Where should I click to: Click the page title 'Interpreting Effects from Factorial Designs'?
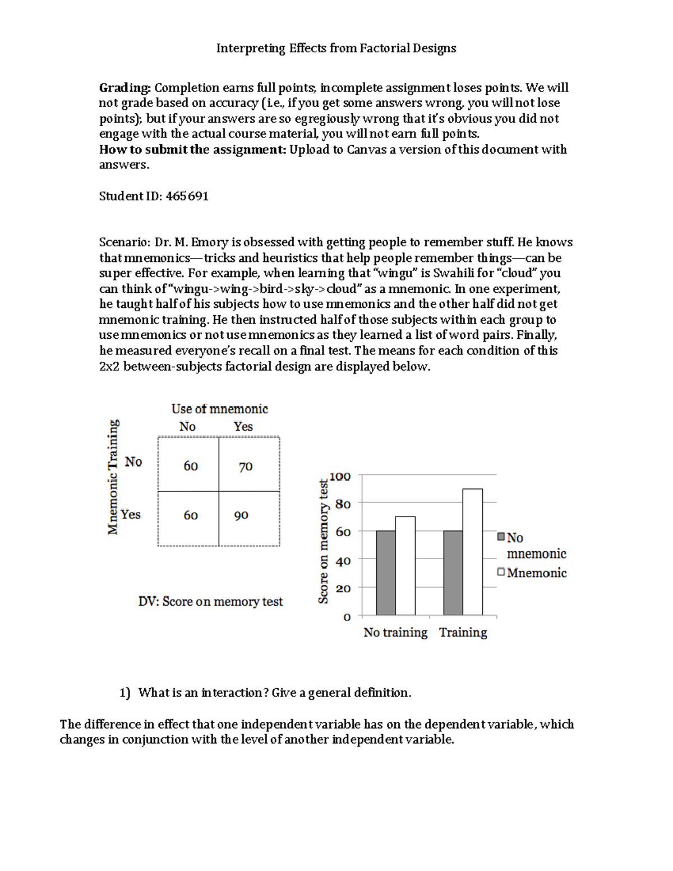coord(336,48)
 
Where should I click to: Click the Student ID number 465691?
coord(187,196)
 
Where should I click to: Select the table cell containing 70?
coord(246,467)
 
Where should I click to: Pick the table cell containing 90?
coord(241,515)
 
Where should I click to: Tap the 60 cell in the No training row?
coord(191,466)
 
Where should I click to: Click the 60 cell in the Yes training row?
coord(191,515)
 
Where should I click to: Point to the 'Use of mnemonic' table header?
coord(219,409)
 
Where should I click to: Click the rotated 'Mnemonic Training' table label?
coord(113,477)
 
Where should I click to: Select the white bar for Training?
coord(472,552)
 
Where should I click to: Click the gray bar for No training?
coord(386,573)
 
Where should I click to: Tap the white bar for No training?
coord(405,566)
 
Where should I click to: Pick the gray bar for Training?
coord(453,573)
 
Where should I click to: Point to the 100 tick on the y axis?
coord(340,477)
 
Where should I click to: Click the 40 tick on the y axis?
coord(343,561)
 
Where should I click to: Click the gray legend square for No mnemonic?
coord(501,537)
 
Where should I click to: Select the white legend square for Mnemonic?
coord(501,572)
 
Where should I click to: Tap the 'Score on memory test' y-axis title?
coord(323,541)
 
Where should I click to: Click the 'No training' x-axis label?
coord(395,633)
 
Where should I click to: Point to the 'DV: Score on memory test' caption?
coord(210,602)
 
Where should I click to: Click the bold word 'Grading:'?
coord(125,88)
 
